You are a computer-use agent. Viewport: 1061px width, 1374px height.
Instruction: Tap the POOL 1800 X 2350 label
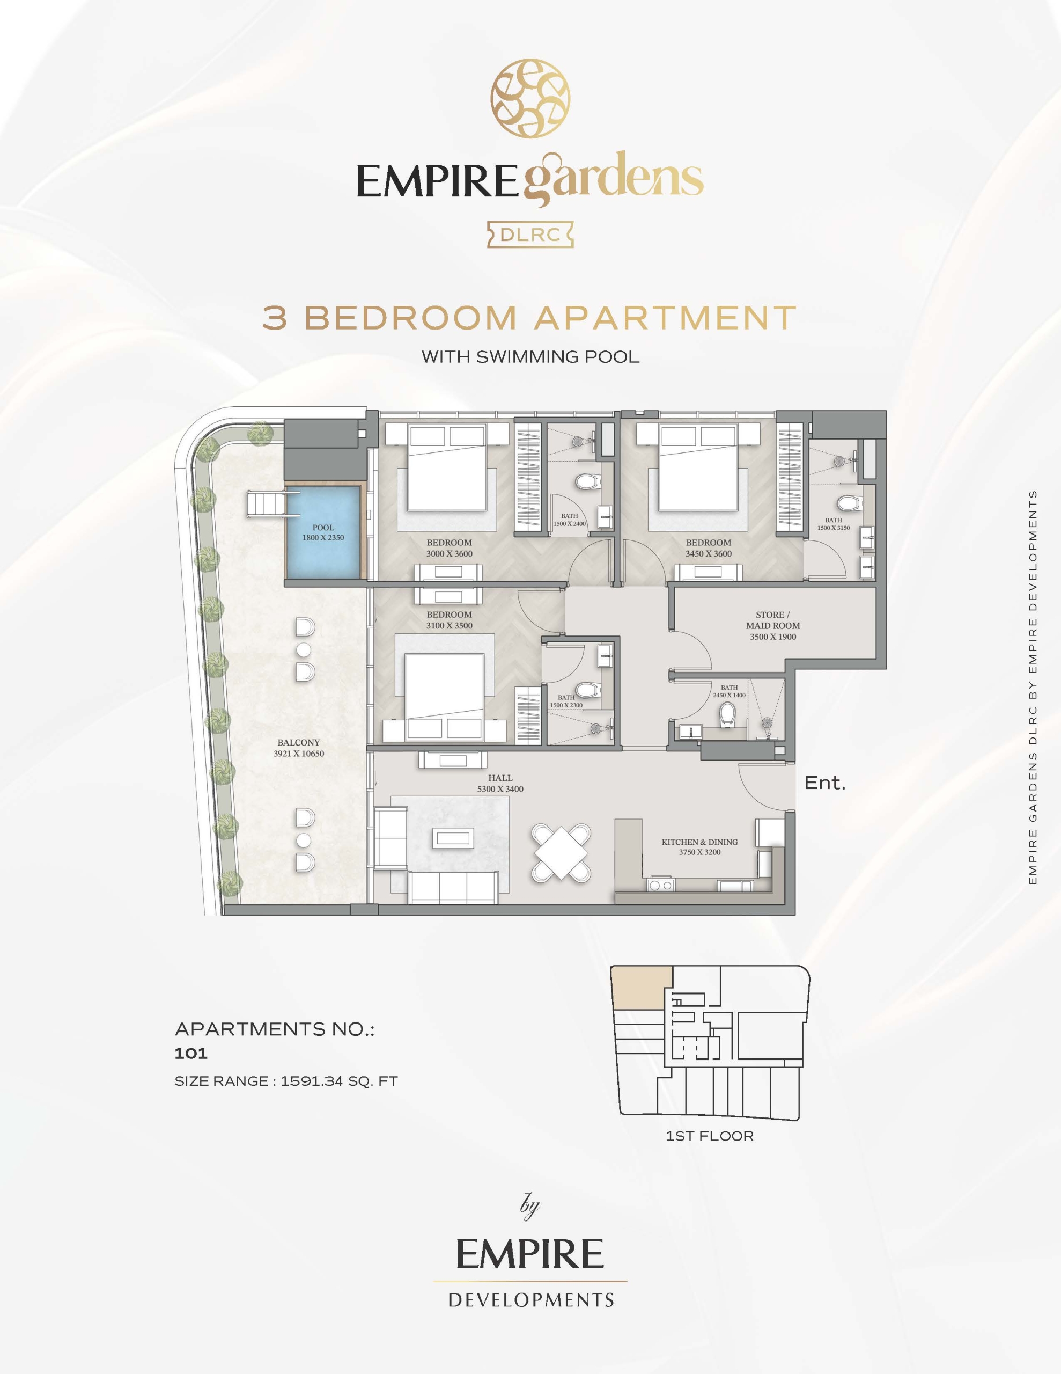pos(323,533)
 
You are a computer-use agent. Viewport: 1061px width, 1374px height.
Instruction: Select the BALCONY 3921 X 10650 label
pos(299,748)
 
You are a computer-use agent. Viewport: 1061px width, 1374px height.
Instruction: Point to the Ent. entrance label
pos(825,783)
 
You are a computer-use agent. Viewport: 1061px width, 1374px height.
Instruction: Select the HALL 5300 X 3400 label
pos(500,783)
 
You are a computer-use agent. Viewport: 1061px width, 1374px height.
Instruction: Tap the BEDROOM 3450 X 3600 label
pos(708,548)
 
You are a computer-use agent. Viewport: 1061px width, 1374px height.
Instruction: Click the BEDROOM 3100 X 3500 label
pos(449,620)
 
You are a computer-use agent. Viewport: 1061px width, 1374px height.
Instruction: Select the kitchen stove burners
pos(660,885)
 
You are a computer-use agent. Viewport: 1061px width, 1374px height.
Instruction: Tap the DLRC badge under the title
pos(530,235)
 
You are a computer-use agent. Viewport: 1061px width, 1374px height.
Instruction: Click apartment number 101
pos(191,1053)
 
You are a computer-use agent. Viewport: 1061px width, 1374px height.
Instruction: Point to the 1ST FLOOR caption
pos(710,1154)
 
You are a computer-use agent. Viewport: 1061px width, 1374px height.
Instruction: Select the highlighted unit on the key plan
pos(642,988)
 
